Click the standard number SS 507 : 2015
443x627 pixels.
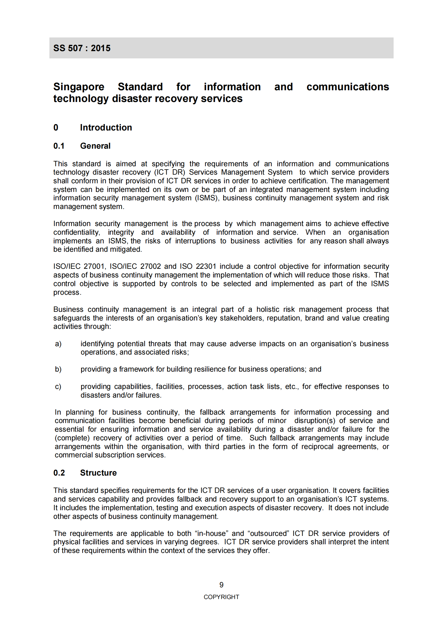tap(82, 48)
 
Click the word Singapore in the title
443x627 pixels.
tap(79, 87)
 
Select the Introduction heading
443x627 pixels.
tap(106, 127)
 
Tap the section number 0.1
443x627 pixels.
tap(59, 146)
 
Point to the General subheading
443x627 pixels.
tap(95, 146)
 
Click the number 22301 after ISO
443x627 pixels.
tap(206, 266)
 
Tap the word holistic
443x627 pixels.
tap(268, 309)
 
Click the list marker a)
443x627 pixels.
tap(58, 344)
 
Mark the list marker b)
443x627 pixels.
tap(58, 369)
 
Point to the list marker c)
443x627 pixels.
tap(58, 387)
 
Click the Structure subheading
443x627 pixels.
tap(98, 473)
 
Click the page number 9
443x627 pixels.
tap(221, 585)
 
